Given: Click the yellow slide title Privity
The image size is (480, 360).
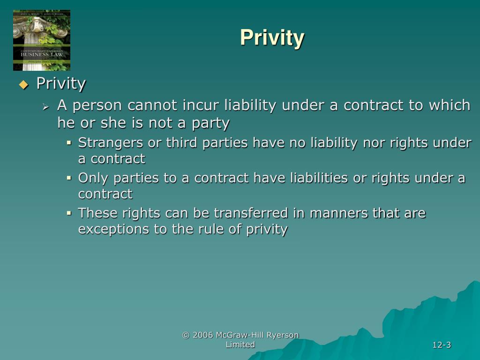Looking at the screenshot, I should click(x=272, y=37).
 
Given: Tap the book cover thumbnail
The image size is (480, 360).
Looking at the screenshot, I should click(x=42, y=40).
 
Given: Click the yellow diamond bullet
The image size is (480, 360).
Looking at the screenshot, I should click(x=23, y=85).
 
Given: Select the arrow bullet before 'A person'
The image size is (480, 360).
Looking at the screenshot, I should click(x=45, y=107).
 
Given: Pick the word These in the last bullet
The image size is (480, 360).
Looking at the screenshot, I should click(x=98, y=213).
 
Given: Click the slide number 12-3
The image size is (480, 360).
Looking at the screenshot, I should click(x=442, y=345).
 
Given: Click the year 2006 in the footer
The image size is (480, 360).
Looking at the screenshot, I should click(x=203, y=335).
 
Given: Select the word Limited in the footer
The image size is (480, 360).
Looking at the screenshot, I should click(x=240, y=345).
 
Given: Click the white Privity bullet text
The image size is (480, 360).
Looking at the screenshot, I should click(x=61, y=84).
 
